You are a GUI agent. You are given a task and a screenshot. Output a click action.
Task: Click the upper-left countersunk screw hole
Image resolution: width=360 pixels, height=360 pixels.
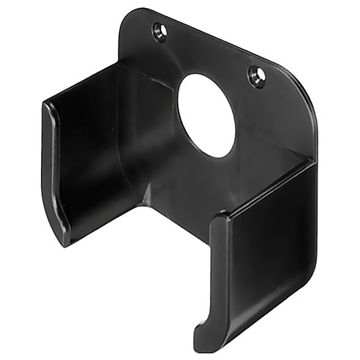[159, 31]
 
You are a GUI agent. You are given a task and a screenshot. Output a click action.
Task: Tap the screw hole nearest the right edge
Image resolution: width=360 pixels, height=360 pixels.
[256, 74]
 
